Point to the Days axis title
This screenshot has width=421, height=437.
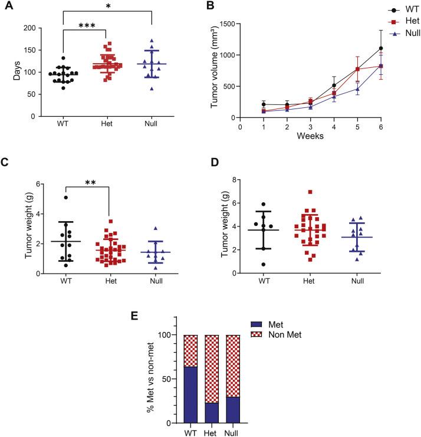(x=8, y=72)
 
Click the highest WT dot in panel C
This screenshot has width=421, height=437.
(x=66, y=198)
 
